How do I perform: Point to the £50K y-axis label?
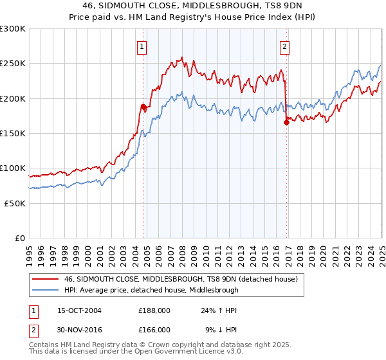[14, 203]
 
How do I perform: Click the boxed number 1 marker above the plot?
[142, 46]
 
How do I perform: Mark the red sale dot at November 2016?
[286, 122]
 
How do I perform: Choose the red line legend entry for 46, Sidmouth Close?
[180, 280]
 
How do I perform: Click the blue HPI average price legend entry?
[151, 290]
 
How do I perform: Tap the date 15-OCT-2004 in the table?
[79, 310]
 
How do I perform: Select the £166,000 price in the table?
[154, 329]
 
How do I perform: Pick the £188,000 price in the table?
[154, 310]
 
